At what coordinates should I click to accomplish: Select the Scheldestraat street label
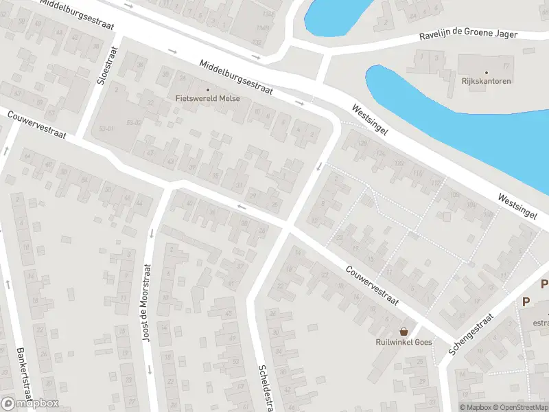tap(263, 385)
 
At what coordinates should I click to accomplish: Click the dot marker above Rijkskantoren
tap(487, 73)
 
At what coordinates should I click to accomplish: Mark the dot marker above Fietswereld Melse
tap(207, 89)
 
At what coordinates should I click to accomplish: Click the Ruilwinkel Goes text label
tap(403, 342)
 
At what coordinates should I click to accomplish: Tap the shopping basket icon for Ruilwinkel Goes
tap(404, 331)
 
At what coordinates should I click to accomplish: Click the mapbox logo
tap(30, 404)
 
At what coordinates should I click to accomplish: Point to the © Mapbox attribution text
tap(476, 407)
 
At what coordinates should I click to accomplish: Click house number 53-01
tap(106, 128)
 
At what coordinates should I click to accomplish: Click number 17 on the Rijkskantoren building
tap(507, 65)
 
